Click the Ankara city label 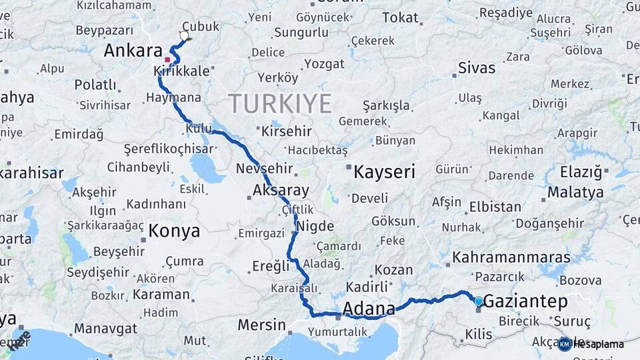pos(133,51)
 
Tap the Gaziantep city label pos(525,301)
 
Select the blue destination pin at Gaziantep pos(478,302)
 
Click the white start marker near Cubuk pos(184,36)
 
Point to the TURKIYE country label pos(280,104)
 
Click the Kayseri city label pos(384,172)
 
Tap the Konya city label pos(174,231)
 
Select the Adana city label pos(368,309)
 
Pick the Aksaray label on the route pos(281,191)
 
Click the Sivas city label pos(477,68)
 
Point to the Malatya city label pos(575,193)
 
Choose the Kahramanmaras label pos(511,257)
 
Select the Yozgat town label pos(324,64)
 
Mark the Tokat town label pos(400,18)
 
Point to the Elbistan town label pos(495,207)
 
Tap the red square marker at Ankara pos(167,59)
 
